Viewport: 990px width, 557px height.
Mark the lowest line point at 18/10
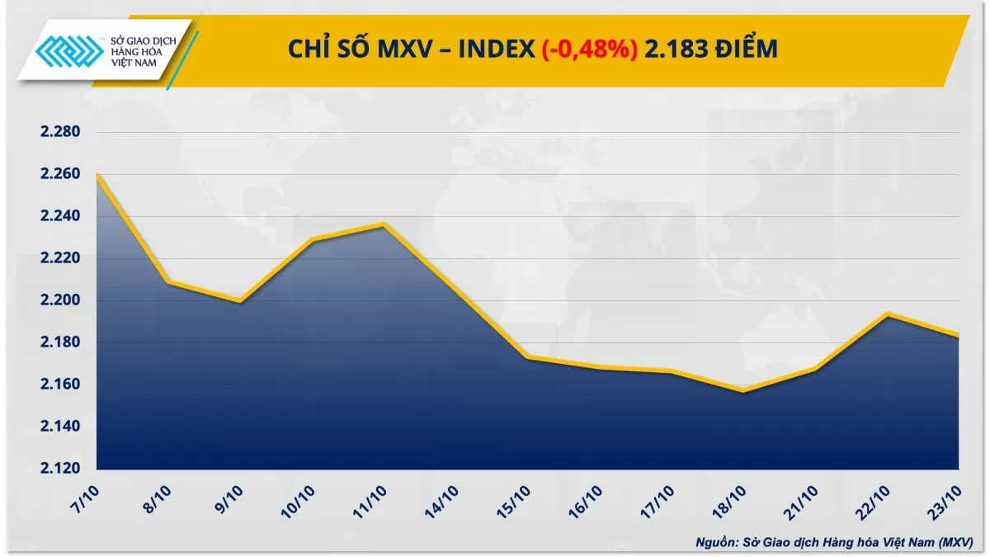742,390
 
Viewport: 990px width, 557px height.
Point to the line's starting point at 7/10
97,174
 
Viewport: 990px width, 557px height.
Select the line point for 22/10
886,314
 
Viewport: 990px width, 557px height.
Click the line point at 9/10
240,301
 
